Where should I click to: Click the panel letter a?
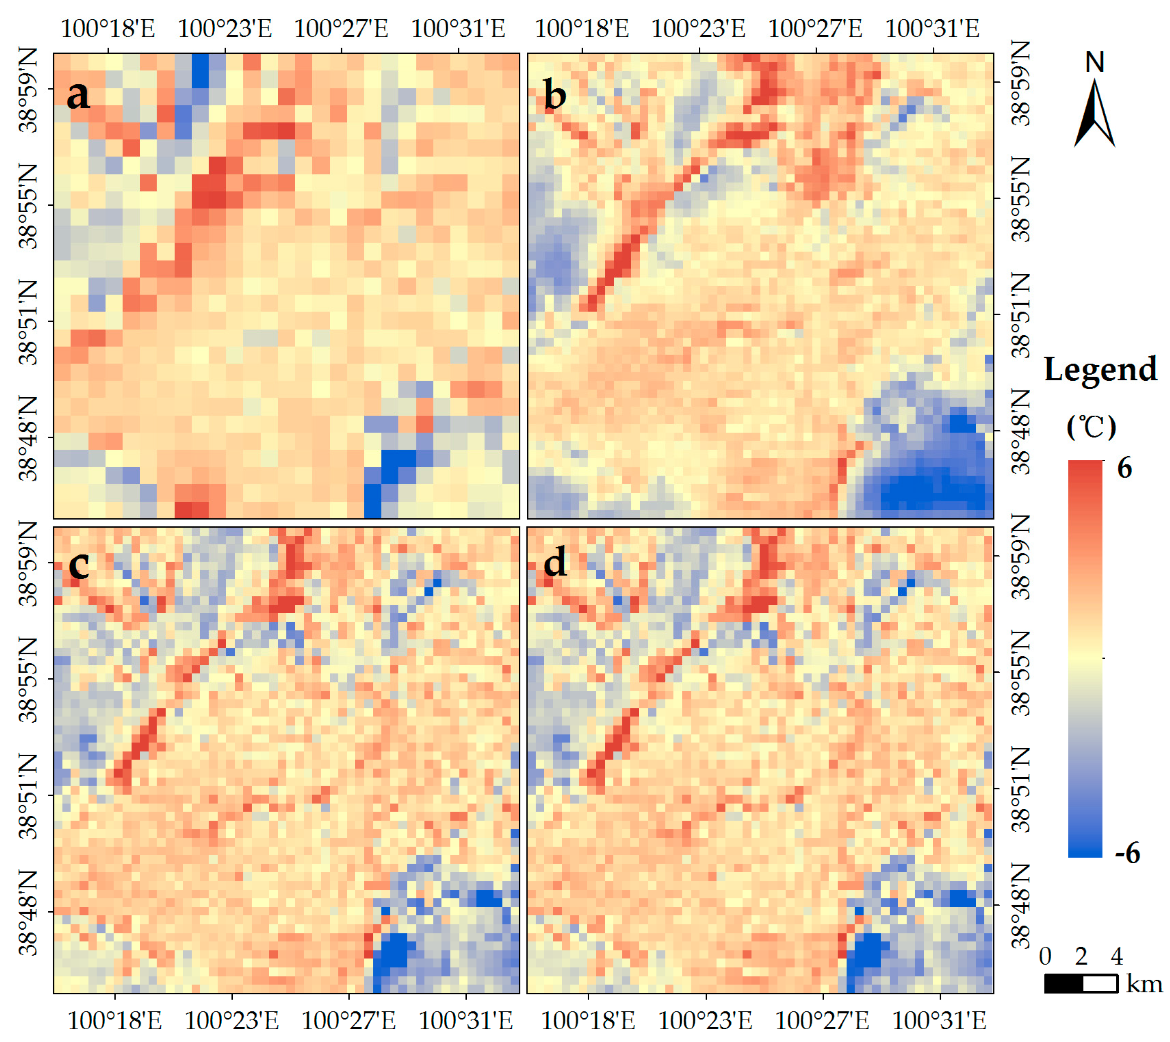[x=78, y=96]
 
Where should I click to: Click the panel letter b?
[x=554, y=96]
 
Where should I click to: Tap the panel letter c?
[x=78, y=564]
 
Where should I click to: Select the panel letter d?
[x=554, y=562]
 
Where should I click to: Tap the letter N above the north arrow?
[x=1095, y=62]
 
